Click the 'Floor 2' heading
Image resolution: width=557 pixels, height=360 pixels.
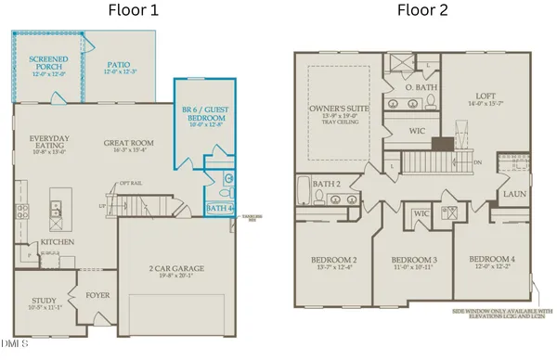click(422, 12)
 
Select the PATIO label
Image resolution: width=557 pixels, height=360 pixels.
click(117, 62)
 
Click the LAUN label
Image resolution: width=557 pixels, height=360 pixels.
click(512, 195)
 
